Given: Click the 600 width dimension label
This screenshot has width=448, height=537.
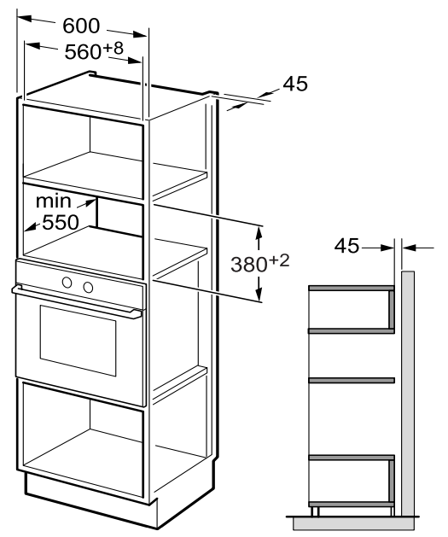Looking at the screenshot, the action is click(x=81, y=26).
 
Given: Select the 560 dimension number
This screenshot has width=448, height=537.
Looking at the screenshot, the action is click(x=83, y=52).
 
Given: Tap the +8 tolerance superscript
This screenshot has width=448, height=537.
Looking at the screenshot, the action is click(x=113, y=49).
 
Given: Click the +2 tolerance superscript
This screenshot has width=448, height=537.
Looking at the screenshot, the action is click(x=279, y=260).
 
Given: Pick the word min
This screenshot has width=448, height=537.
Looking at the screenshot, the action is click(x=54, y=201).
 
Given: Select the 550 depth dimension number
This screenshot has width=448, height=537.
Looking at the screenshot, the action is click(x=61, y=223).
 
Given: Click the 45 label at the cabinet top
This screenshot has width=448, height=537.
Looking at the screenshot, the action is click(x=295, y=84).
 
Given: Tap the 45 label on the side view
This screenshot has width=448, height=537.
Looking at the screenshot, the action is click(x=346, y=246).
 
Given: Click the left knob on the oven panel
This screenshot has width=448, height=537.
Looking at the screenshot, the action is click(x=67, y=283).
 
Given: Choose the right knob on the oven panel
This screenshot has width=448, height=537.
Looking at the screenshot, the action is click(x=88, y=288).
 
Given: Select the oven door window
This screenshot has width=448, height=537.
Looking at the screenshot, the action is click(x=78, y=341).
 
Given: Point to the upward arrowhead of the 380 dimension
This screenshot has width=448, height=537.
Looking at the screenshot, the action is click(x=259, y=233).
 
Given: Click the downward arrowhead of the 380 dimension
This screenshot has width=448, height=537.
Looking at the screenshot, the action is click(x=259, y=295).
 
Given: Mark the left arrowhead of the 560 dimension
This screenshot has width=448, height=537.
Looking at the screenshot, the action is click(x=32, y=45).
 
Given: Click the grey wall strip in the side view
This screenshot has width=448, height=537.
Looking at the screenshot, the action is click(x=408, y=394).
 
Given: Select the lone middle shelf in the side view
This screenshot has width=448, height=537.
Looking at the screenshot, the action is click(x=352, y=380).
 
